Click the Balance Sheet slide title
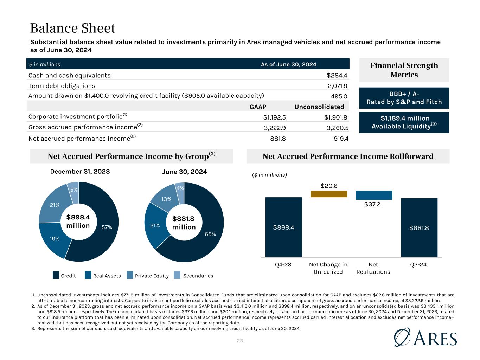[72, 28]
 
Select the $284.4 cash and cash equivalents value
[337, 75]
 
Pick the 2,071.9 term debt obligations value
[337, 86]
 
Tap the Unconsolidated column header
[319, 107]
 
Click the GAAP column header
[258, 107]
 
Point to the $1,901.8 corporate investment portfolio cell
[336, 117]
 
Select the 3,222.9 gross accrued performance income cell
[275, 128]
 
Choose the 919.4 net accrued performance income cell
[341, 139]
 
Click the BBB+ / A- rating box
[404, 98]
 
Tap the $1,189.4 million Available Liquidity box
[404, 122]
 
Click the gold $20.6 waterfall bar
[329, 194]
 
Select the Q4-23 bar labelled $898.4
[284, 227]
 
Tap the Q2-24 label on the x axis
[418, 265]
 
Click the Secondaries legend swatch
[177, 275]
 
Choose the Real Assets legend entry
[103, 275]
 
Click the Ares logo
[425, 337]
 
